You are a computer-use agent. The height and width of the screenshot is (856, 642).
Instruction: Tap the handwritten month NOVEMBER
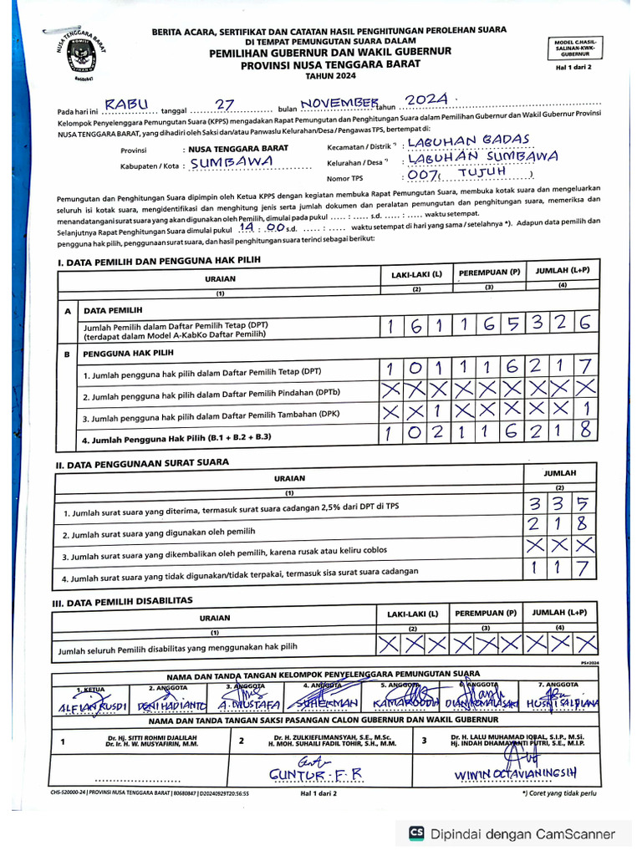pyautogui.click(x=338, y=102)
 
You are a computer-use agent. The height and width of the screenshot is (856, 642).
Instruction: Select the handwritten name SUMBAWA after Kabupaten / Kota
pyautogui.click(x=231, y=162)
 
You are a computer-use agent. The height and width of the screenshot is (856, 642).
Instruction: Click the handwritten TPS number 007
pyautogui.click(x=423, y=175)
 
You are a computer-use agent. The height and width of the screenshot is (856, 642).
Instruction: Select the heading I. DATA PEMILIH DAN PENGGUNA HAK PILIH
pyautogui.click(x=159, y=262)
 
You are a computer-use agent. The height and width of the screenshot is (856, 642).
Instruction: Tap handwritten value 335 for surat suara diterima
pyautogui.click(x=561, y=505)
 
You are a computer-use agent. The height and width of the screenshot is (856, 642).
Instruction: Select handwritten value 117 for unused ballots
pyautogui.click(x=561, y=570)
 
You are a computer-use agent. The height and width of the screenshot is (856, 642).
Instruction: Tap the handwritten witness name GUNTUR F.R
pyautogui.click(x=314, y=774)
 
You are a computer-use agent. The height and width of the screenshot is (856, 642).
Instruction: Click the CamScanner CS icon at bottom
pyautogui.click(x=415, y=833)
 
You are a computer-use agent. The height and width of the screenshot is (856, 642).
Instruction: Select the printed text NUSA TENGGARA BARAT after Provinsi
pyautogui.click(x=239, y=149)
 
